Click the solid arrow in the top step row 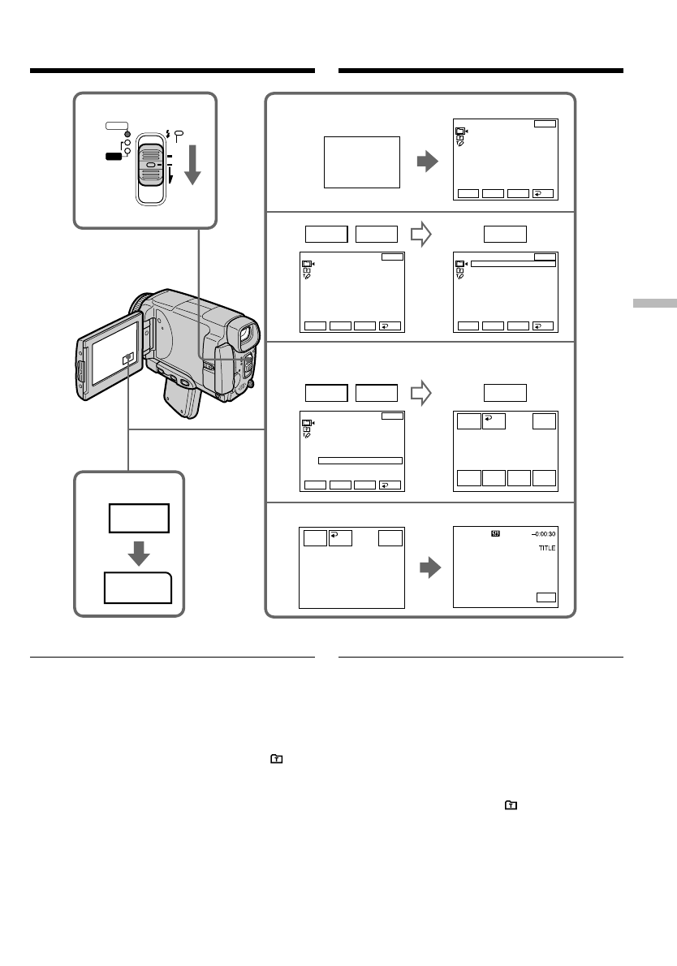coord(426,162)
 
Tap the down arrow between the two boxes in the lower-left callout coord(140,552)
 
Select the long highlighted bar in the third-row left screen coord(360,460)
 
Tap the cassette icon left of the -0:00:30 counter coord(496,533)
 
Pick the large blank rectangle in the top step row coord(361,162)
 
